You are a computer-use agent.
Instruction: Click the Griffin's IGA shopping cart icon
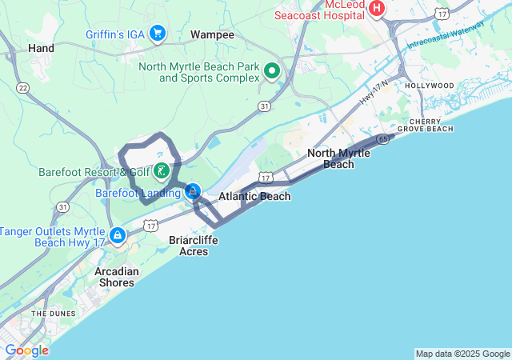coord(158,33)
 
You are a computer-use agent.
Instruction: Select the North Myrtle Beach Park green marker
coord(272,72)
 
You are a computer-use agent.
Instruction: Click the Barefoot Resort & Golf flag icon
coord(162,170)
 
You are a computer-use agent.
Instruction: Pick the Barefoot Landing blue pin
coord(193,192)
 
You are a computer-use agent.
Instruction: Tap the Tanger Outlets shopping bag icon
coord(118,235)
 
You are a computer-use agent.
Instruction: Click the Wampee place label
coord(212,35)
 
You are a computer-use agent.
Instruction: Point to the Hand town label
coord(41,48)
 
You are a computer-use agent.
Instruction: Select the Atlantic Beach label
coord(254,196)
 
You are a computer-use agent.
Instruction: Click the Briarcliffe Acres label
coord(189,245)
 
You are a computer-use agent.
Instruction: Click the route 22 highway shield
coord(22,87)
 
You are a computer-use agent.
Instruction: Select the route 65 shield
coord(383,138)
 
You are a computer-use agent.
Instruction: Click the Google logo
coord(26,350)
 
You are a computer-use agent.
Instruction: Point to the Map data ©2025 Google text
coord(462,354)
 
